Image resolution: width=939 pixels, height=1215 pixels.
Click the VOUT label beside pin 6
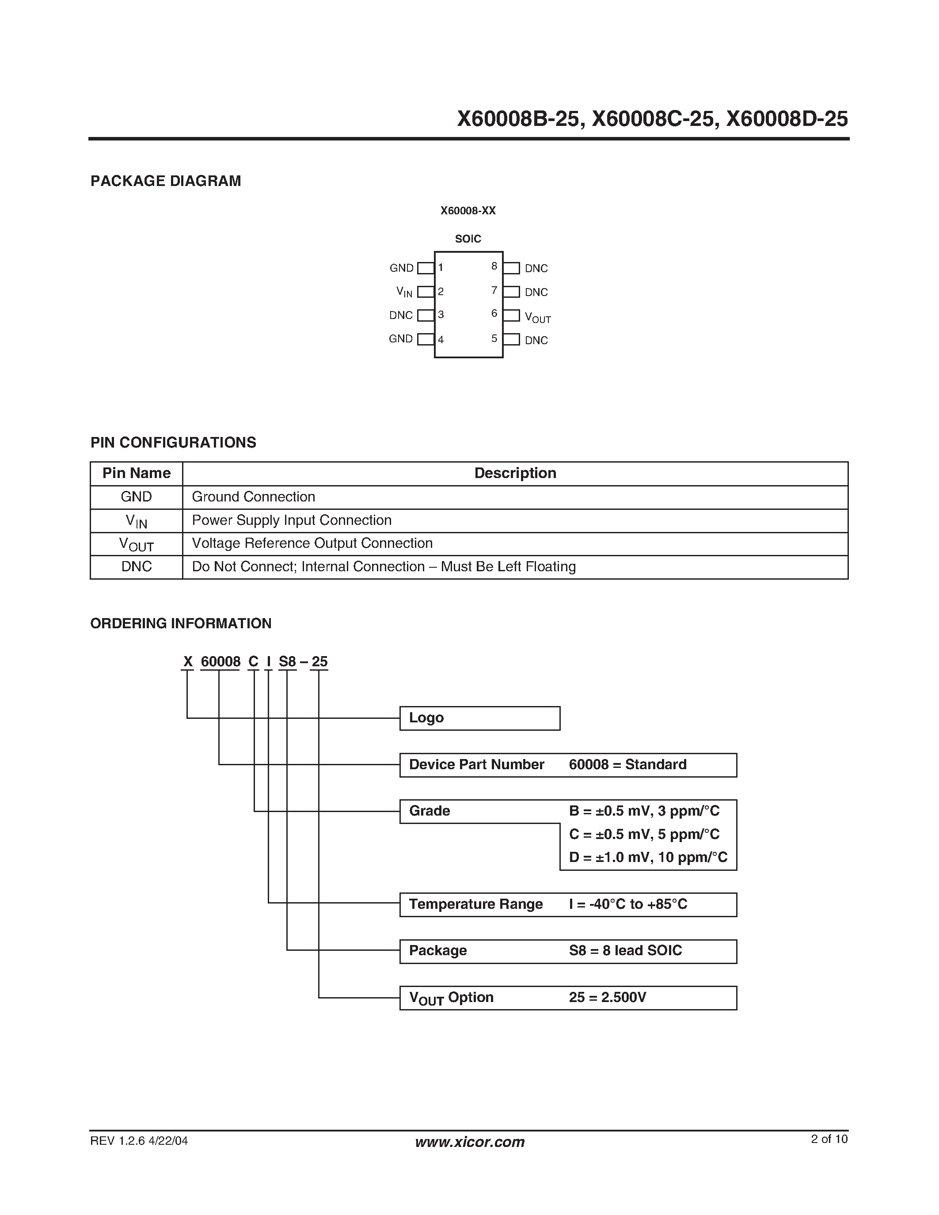537,317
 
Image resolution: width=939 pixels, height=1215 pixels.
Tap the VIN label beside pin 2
404,292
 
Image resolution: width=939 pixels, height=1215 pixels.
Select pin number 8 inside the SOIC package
494,266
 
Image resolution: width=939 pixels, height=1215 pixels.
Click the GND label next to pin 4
400,339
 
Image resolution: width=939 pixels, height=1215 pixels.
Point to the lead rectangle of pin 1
426,268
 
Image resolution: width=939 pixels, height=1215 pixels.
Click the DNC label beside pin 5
536,341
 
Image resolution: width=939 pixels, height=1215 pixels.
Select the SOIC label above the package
468,239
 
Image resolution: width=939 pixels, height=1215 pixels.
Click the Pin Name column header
136,474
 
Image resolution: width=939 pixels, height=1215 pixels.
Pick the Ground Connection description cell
254,497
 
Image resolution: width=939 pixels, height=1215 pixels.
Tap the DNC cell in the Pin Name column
136,567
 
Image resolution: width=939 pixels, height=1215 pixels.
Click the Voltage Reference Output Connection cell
312,543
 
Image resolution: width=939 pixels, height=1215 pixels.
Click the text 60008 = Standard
627,765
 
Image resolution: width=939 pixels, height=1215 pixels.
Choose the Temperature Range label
475,904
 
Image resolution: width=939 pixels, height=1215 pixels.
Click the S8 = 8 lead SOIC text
625,951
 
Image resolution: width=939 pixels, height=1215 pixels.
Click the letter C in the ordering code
253,662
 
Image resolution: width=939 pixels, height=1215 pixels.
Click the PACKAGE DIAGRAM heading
166,181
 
